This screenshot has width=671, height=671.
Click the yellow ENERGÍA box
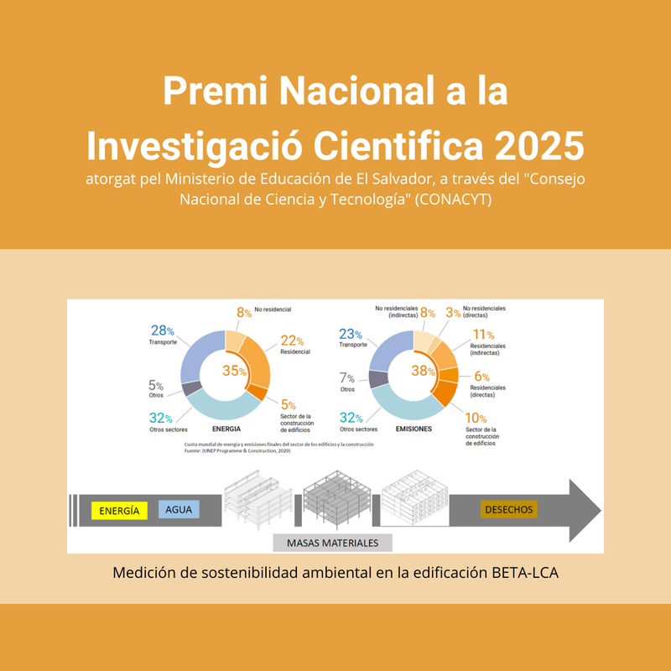point(119,510)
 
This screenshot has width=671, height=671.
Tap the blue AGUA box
point(179,510)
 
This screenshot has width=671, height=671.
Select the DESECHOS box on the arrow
point(509,509)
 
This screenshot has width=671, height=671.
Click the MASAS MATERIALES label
point(332,543)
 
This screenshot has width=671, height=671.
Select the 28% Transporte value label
point(163,331)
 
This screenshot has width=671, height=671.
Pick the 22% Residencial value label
point(289,340)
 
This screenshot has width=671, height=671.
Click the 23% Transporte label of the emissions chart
point(352,333)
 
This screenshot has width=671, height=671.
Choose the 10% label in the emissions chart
point(476,418)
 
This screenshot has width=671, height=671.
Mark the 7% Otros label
point(347,378)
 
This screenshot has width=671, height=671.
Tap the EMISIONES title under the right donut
point(414,429)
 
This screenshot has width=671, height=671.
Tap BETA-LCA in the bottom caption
point(524,574)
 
